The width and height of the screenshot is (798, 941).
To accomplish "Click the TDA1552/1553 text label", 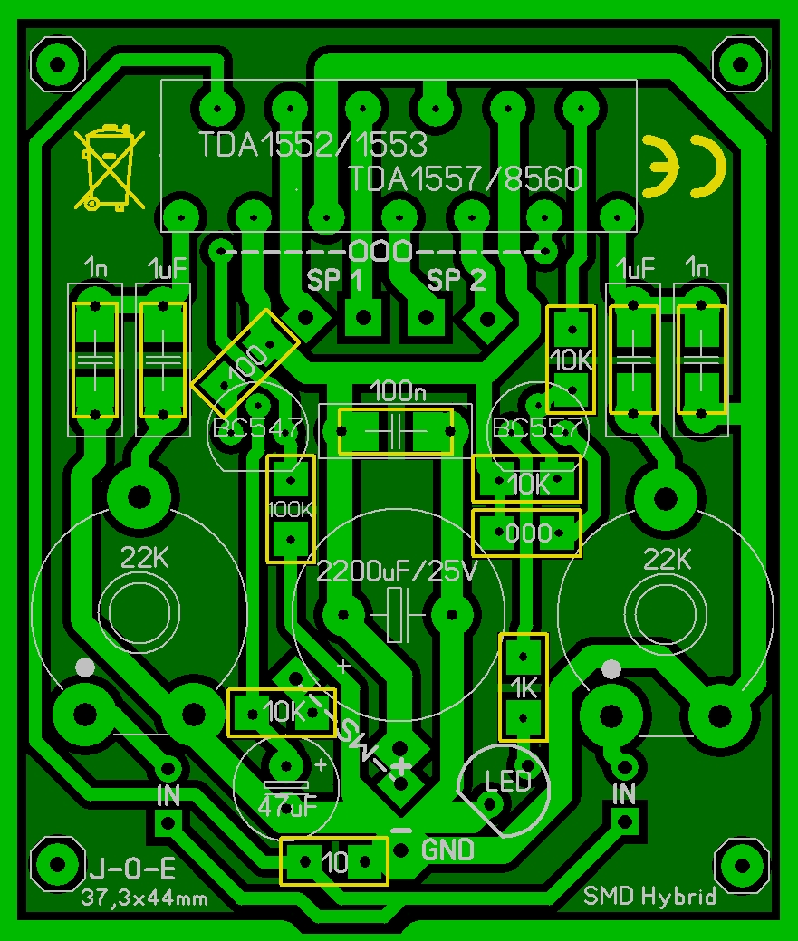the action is pyautogui.click(x=313, y=145).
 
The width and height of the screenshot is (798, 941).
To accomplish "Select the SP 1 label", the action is pyautogui.click(x=335, y=280).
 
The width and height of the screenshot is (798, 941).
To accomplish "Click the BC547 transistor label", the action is pyautogui.click(x=256, y=427).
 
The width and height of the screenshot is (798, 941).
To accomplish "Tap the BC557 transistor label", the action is pyautogui.click(x=534, y=427).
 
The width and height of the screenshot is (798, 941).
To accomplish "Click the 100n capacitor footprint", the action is pyautogui.click(x=395, y=431).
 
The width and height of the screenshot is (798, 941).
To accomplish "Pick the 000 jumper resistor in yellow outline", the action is pyautogui.click(x=526, y=533).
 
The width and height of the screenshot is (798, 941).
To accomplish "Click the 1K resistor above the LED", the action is pyautogui.click(x=524, y=687).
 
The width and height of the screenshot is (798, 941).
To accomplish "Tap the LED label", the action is pyautogui.click(x=508, y=781).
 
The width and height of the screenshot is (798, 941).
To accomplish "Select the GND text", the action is pyautogui.click(x=448, y=850).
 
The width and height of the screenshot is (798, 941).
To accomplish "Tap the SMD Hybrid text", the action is pyautogui.click(x=650, y=896).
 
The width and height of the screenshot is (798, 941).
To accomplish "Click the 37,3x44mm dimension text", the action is pyautogui.click(x=145, y=898).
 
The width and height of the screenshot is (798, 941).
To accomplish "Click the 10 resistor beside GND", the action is pyautogui.click(x=334, y=861).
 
